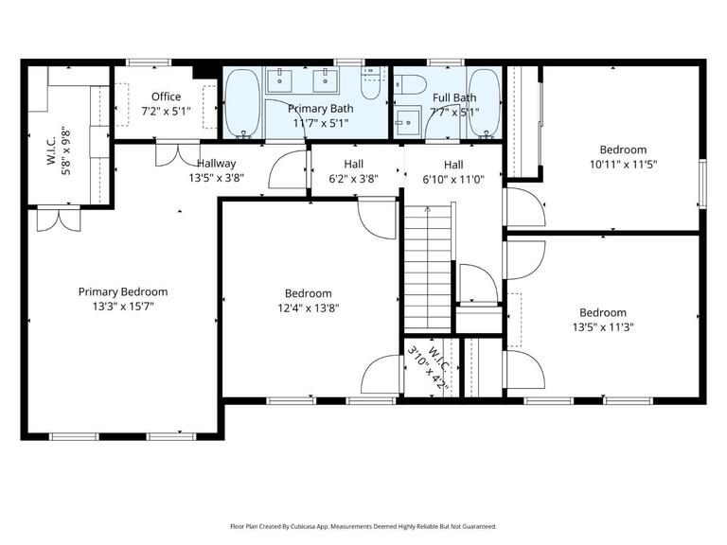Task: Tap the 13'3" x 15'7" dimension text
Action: tap(122, 307)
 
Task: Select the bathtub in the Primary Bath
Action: tap(244, 105)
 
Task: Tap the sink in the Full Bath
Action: tap(407, 121)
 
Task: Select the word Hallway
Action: tap(217, 164)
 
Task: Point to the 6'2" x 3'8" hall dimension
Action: tap(353, 178)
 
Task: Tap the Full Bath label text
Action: tap(454, 97)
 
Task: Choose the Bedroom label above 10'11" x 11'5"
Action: tap(623, 149)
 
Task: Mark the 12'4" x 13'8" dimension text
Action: tap(308, 308)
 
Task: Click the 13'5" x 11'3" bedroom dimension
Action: tap(602, 327)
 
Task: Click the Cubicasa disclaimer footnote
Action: tap(363, 526)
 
